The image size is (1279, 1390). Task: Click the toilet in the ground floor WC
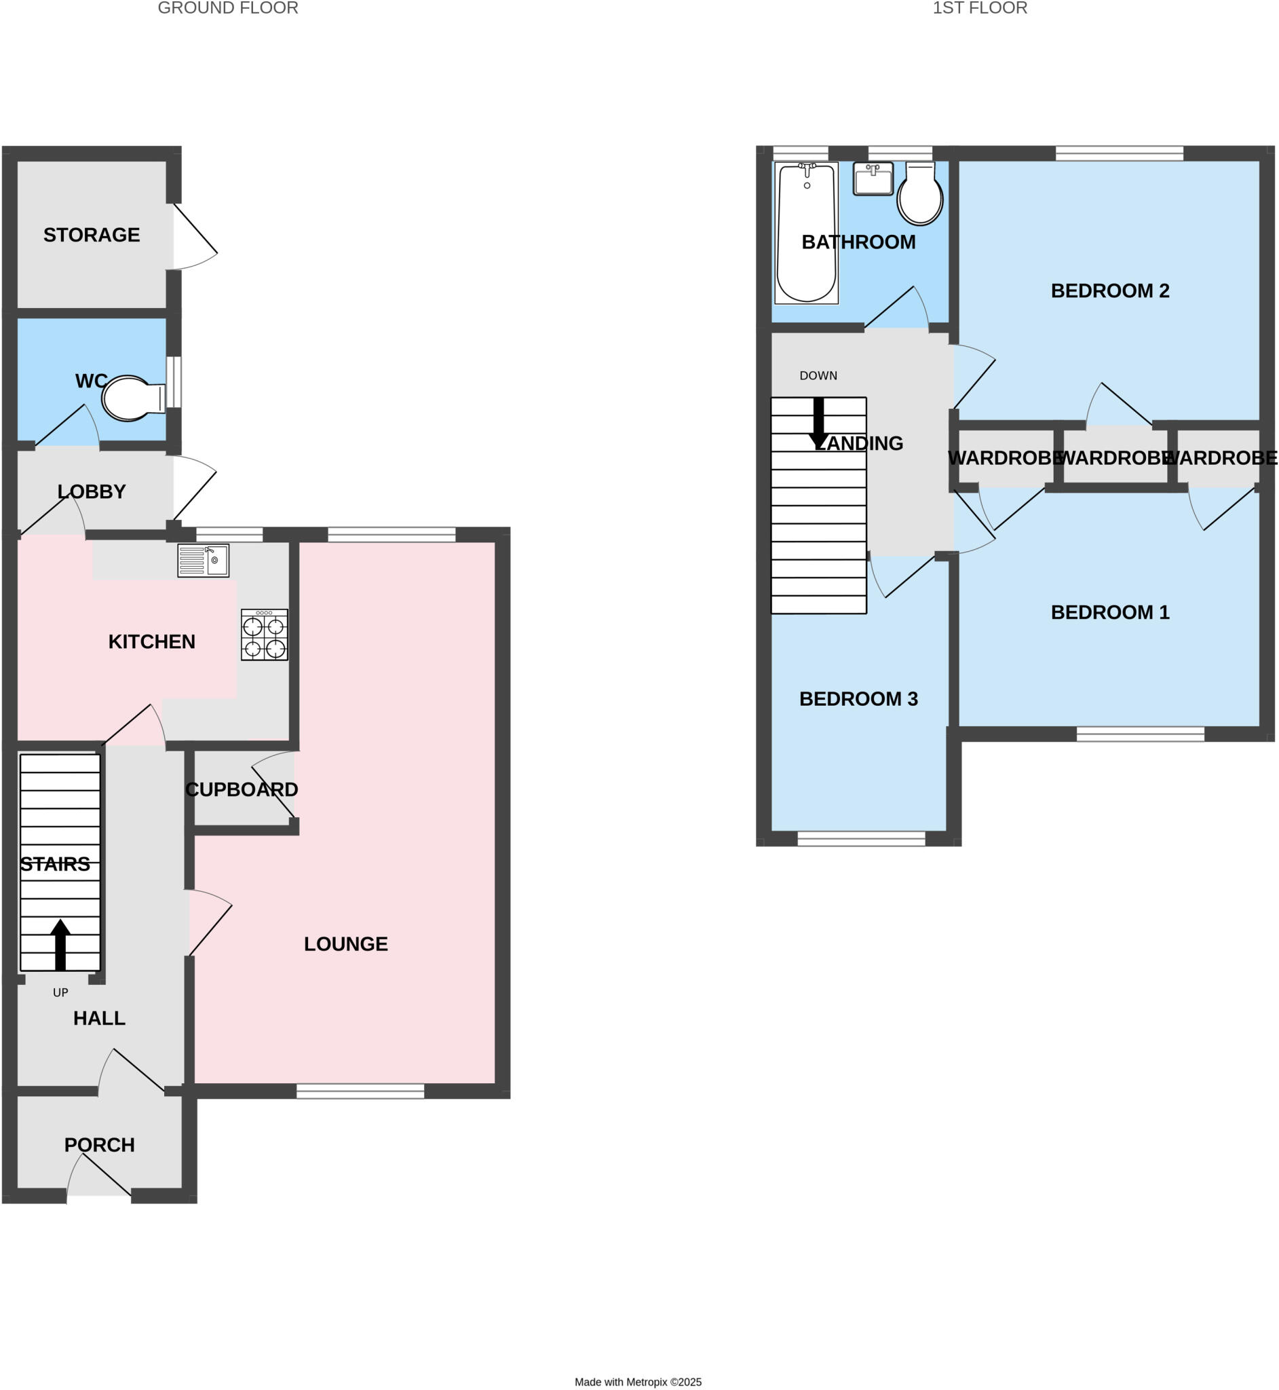(x=132, y=398)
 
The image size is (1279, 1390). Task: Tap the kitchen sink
(x=203, y=561)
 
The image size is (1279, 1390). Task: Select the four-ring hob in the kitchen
(x=265, y=635)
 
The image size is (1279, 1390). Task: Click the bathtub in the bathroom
(x=806, y=233)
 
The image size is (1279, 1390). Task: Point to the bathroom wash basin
(x=873, y=179)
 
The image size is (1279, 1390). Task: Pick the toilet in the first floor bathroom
(x=920, y=195)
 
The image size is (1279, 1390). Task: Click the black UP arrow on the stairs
(x=61, y=944)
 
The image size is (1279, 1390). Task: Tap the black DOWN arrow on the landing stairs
(x=819, y=423)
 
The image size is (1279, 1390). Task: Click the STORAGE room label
(x=92, y=236)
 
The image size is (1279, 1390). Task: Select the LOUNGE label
(x=346, y=944)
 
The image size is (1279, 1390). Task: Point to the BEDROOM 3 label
(x=858, y=699)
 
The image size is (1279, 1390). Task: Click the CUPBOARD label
(x=242, y=790)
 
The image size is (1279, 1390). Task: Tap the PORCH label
(x=100, y=1145)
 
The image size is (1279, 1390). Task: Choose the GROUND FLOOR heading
(x=228, y=8)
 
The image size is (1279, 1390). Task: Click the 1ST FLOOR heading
(x=979, y=8)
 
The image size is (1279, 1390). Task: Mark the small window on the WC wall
(x=174, y=382)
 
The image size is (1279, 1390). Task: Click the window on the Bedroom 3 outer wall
(x=861, y=839)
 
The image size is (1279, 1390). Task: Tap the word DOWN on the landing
(x=818, y=376)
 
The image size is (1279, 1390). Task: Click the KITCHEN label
(x=151, y=641)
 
